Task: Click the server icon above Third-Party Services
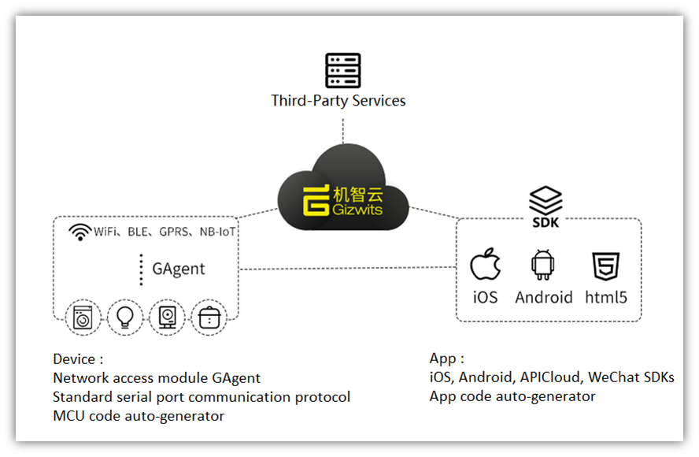pos(342,70)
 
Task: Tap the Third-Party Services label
pos(338,101)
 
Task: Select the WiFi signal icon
pos(80,232)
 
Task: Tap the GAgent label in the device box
pos(179,269)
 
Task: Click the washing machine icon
pos(83,317)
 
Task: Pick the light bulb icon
pos(124,317)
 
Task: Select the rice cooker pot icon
pos(209,318)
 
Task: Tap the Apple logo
pos(485,266)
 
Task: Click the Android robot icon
pos(543,266)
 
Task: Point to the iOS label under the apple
pos(485,297)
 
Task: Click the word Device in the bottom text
pos(73,359)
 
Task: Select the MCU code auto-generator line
pos(139,416)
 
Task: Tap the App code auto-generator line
pos(512,396)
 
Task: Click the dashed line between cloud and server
pos(343,134)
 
